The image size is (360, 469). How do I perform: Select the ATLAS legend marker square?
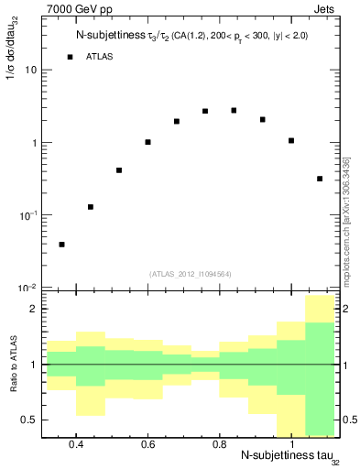pos(70,57)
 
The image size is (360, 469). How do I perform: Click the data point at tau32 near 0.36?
pos(61,245)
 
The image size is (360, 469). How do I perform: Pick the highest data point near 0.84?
pos(235,111)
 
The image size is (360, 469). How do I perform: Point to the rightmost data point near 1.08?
pos(320,179)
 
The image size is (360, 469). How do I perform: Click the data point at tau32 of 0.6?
pos(147,142)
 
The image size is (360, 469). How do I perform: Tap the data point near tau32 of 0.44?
pos(91,207)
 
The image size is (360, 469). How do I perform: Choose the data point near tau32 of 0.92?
pos(263,119)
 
